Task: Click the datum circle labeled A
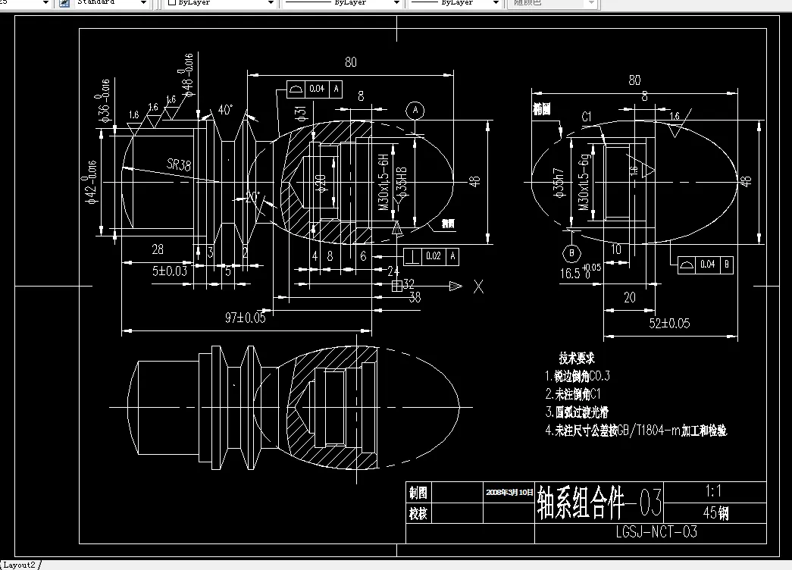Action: pyautogui.click(x=414, y=110)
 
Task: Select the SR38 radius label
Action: pyautogui.click(x=179, y=163)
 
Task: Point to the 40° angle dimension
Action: pyautogui.click(x=225, y=109)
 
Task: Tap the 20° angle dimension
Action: pyautogui.click(x=252, y=196)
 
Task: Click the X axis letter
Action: pyautogui.click(x=478, y=287)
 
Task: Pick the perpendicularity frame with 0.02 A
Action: pyautogui.click(x=431, y=256)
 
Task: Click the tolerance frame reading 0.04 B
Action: pyautogui.click(x=705, y=265)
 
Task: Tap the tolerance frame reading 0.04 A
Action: pyautogui.click(x=315, y=89)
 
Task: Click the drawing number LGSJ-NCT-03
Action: pyautogui.click(x=656, y=532)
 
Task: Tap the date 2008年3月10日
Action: pyautogui.click(x=509, y=491)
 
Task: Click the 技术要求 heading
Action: pyautogui.click(x=577, y=357)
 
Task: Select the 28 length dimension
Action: pyautogui.click(x=157, y=249)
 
